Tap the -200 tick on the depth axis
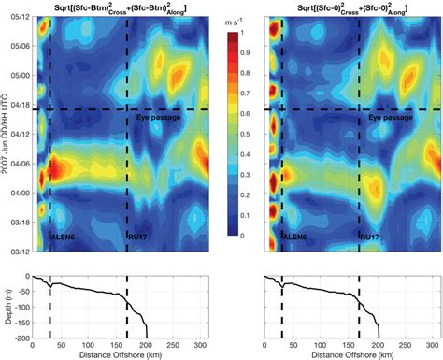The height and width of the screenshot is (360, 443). (x=24, y=338)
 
